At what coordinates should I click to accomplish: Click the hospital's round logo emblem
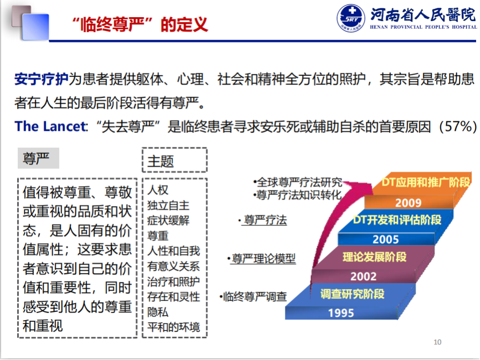(x=351, y=18)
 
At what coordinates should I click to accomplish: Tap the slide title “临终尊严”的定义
(x=140, y=24)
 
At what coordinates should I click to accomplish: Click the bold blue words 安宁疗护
(x=42, y=79)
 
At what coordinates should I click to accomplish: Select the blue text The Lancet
(x=51, y=126)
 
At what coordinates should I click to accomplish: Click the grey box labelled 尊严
(x=39, y=158)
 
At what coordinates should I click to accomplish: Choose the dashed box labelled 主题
(x=175, y=160)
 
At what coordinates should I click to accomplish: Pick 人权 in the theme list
(x=158, y=191)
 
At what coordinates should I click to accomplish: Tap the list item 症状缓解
(x=168, y=220)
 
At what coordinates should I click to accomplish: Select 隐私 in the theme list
(x=158, y=312)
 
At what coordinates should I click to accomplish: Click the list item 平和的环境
(x=173, y=327)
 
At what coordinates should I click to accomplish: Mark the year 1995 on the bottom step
(x=341, y=313)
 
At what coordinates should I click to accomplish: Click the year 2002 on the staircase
(x=364, y=276)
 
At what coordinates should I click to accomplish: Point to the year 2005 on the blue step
(x=386, y=239)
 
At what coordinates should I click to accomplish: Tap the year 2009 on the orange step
(x=408, y=203)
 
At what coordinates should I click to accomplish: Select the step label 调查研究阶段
(x=353, y=294)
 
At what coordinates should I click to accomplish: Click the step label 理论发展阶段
(x=374, y=257)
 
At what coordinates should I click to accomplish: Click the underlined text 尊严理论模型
(x=264, y=259)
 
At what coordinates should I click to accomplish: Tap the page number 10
(x=437, y=342)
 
